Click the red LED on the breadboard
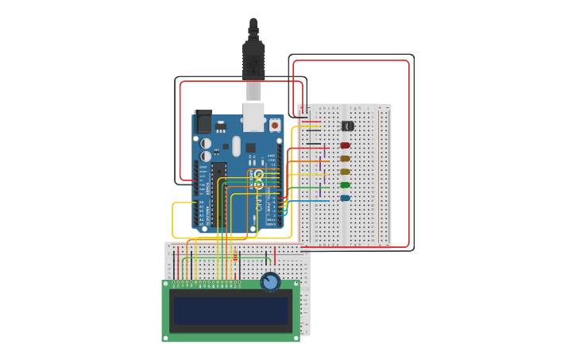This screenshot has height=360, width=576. click(345, 145)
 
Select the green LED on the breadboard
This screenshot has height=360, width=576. click(345, 185)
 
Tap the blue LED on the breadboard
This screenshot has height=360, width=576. click(345, 198)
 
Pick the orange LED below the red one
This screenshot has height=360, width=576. click(345, 158)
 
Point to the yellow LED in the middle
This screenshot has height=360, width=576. click(345, 172)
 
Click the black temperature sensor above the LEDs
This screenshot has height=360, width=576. click(347, 126)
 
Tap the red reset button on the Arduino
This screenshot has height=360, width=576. click(275, 125)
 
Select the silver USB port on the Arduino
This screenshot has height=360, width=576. click(253, 116)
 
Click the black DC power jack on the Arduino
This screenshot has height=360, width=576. click(203, 121)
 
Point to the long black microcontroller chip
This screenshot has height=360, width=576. click(218, 194)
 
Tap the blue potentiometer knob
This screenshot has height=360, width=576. click(270, 282)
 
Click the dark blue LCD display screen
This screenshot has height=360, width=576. click(230, 311)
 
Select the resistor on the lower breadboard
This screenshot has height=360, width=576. click(235, 257)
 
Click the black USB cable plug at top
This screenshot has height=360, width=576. click(253, 56)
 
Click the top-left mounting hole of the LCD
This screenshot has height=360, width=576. click(167, 284)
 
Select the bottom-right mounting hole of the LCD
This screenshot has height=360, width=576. click(296, 337)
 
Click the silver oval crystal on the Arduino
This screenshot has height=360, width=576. click(236, 146)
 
